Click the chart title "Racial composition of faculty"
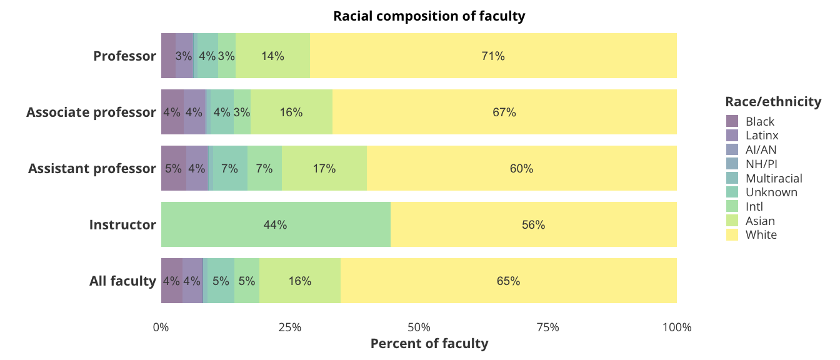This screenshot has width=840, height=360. [429, 16]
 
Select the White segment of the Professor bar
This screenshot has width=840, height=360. [493, 56]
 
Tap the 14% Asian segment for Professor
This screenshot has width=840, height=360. [272, 56]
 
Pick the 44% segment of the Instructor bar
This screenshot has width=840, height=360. [275, 224]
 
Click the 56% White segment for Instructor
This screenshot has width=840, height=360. [533, 224]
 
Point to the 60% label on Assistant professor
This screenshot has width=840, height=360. [521, 169]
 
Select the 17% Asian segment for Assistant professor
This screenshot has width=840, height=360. [324, 168]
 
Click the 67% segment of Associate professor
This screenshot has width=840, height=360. [504, 112]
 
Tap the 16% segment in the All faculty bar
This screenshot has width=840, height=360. [300, 281]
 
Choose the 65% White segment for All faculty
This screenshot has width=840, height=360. [508, 281]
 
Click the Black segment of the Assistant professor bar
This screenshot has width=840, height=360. [173, 168]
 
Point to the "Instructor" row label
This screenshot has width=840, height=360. [122, 225]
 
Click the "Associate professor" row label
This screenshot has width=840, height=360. [91, 112]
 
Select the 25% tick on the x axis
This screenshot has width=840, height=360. [290, 327]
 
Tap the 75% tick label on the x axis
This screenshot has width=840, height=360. [547, 327]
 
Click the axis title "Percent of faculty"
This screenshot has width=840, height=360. [429, 344]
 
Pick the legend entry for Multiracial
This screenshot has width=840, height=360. [774, 178]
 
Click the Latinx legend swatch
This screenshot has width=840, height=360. [732, 135]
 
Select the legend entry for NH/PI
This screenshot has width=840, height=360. [761, 164]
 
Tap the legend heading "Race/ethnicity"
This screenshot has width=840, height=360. [773, 101]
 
